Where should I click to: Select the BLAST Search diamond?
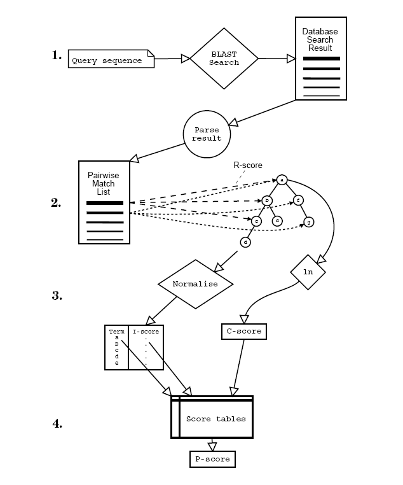coord(224,59)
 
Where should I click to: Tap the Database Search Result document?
coord(320,59)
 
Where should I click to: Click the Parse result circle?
coord(207,134)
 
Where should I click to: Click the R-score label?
coord(248,165)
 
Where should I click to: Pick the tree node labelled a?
coord(282,180)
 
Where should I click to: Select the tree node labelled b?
coord(267,200)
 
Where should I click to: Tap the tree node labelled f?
coord(298,200)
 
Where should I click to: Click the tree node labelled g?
coord(308,221)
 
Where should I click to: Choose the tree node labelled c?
coord(256,221)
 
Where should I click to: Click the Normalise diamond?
coord(195,284)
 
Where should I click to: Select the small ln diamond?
coord(308,272)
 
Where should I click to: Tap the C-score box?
coord(242,332)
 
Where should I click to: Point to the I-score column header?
coord(146,332)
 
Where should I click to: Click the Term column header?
coord(116,332)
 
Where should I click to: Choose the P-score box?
coord(212,459)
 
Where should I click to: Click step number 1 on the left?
coord(57,55)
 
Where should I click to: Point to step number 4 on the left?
coord(57,423)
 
